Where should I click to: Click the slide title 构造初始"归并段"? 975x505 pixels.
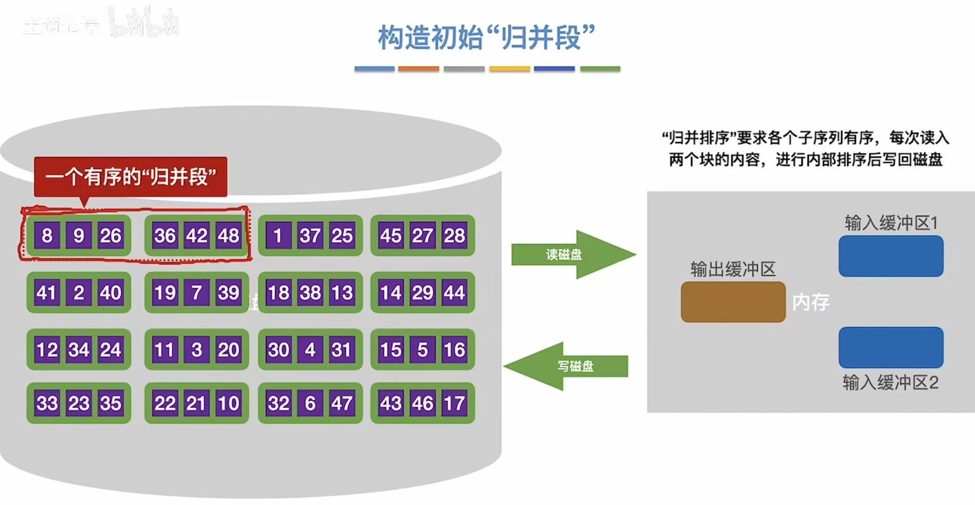pyautogui.click(x=486, y=38)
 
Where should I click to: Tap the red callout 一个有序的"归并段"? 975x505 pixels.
pyautogui.click(x=130, y=177)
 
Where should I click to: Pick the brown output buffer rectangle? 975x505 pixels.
pyautogui.click(x=733, y=302)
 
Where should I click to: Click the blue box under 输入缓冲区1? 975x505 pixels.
pyautogui.click(x=891, y=256)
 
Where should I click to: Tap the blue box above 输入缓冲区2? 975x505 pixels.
pyautogui.click(x=891, y=347)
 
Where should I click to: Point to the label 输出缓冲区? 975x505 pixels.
pyautogui.click(x=733, y=269)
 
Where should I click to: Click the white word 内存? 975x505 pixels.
pyautogui.click(x=811, y=302)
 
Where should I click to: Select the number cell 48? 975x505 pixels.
pyautogui.click(x=229, y=236)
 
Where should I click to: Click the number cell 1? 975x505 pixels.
pyautogui.click(x=278, y=236)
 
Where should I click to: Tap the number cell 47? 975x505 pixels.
pyautogui.click(x=342, y=403)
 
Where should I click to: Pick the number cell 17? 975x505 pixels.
pyautogui.click(x=454, y=403)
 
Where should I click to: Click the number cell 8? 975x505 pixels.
pyautogui.click(x=47, y=236)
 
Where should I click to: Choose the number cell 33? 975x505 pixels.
pyautogui.click(x=47, y=403)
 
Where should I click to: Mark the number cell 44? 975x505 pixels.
pyautogui.click(x=454, y=293)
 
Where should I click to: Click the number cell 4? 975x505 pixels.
pyautogui.click(x=310, y=350)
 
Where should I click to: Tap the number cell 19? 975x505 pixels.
pyautogui.click(x=165, y=293)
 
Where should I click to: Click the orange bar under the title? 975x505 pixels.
pyautogui.click(x=419, y=69)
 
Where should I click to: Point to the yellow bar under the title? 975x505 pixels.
pyautogui.click(x=510, y=69)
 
